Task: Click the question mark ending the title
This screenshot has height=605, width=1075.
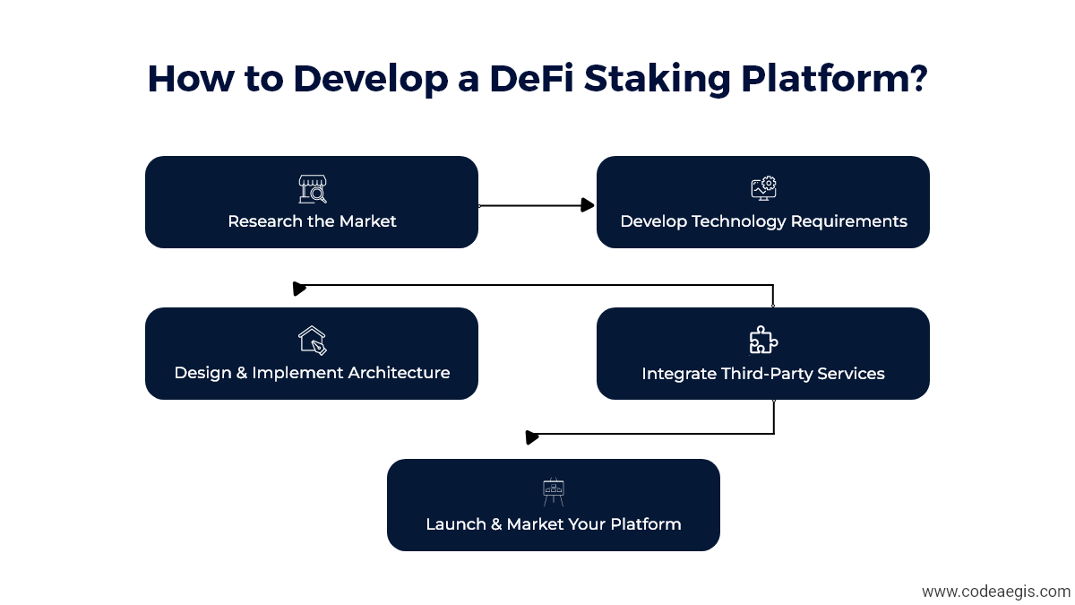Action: [915, 79]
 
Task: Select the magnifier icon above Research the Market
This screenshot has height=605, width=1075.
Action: [312, 189]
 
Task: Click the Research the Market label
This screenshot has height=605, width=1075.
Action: [312, 221]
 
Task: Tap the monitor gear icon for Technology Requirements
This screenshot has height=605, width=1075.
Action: [763, 188]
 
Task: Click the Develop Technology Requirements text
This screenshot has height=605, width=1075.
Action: [763, 221]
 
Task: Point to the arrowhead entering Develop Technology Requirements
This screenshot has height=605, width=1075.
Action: [588, 205]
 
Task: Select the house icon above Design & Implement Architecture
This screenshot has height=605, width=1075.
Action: [312, 340]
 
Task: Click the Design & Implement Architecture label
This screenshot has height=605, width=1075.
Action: [312, 373]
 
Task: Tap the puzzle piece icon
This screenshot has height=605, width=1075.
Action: [763, 340]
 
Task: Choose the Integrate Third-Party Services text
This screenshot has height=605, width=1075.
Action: [763, 373]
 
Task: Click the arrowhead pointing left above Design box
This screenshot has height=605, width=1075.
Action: [300, 289]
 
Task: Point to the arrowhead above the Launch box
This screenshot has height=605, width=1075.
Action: [532, 437]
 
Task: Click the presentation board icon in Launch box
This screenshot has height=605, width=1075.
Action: [554, 492]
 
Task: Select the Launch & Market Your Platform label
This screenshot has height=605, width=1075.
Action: [554, 524]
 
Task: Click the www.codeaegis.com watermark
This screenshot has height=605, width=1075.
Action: [995, 592]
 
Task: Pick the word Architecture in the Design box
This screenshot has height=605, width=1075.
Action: [395, 373]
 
